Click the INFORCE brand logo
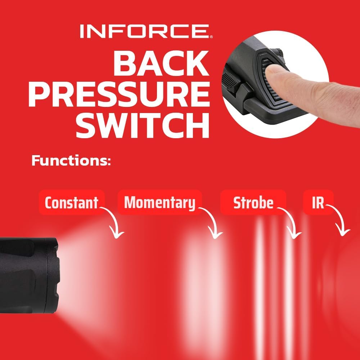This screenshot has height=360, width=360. (146, 31)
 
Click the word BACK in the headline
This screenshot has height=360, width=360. (161, 64)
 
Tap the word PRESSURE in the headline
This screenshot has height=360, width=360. (119, 94)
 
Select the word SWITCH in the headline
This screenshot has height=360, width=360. (143, 125)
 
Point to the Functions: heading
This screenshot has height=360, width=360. (71, 161)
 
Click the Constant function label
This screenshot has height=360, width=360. (72, 202)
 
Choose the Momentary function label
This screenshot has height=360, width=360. (159, 202)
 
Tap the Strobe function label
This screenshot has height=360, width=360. (253, 202)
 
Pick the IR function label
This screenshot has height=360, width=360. (318, 202)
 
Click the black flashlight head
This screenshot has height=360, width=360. (30, 275)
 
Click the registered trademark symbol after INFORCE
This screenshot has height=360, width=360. (211, 37)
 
